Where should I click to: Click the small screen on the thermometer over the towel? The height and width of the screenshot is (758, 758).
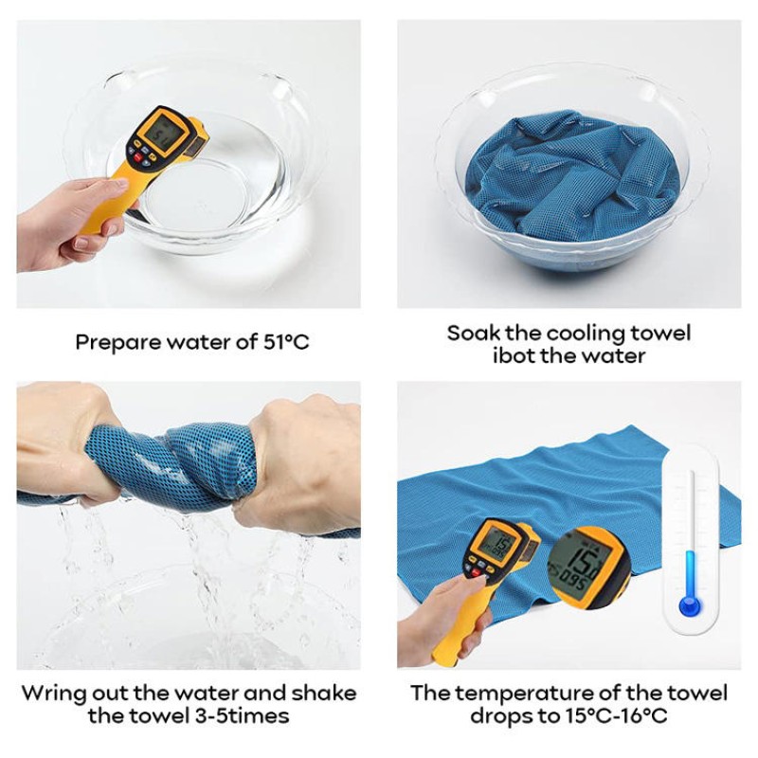pyautogui.click(x=495, y=541)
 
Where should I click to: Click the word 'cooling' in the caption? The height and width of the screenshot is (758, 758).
pyautogui.click(x=587, y=334)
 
